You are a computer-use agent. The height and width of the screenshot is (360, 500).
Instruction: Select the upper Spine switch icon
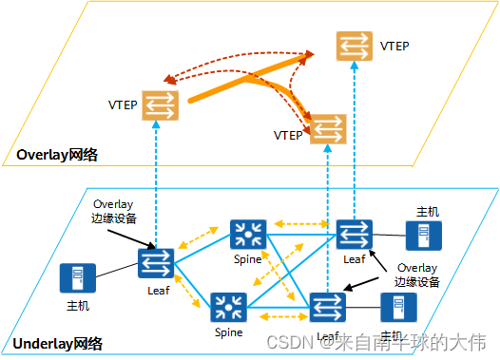pos(248,235)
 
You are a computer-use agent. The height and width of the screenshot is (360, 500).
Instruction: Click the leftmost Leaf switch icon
pos(156,263)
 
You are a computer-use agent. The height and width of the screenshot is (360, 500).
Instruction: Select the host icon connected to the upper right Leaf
pos(422,237)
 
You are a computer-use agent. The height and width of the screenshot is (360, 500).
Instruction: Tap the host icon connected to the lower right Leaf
pos(395,307)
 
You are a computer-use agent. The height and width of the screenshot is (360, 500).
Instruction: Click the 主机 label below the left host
pos(77,306)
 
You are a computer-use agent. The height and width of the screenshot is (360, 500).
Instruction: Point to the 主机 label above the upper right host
pos(428,211)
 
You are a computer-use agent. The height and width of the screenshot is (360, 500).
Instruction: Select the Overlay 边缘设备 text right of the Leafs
pos(418,274)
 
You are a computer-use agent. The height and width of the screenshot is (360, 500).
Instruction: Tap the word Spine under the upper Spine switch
pos(249,258)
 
